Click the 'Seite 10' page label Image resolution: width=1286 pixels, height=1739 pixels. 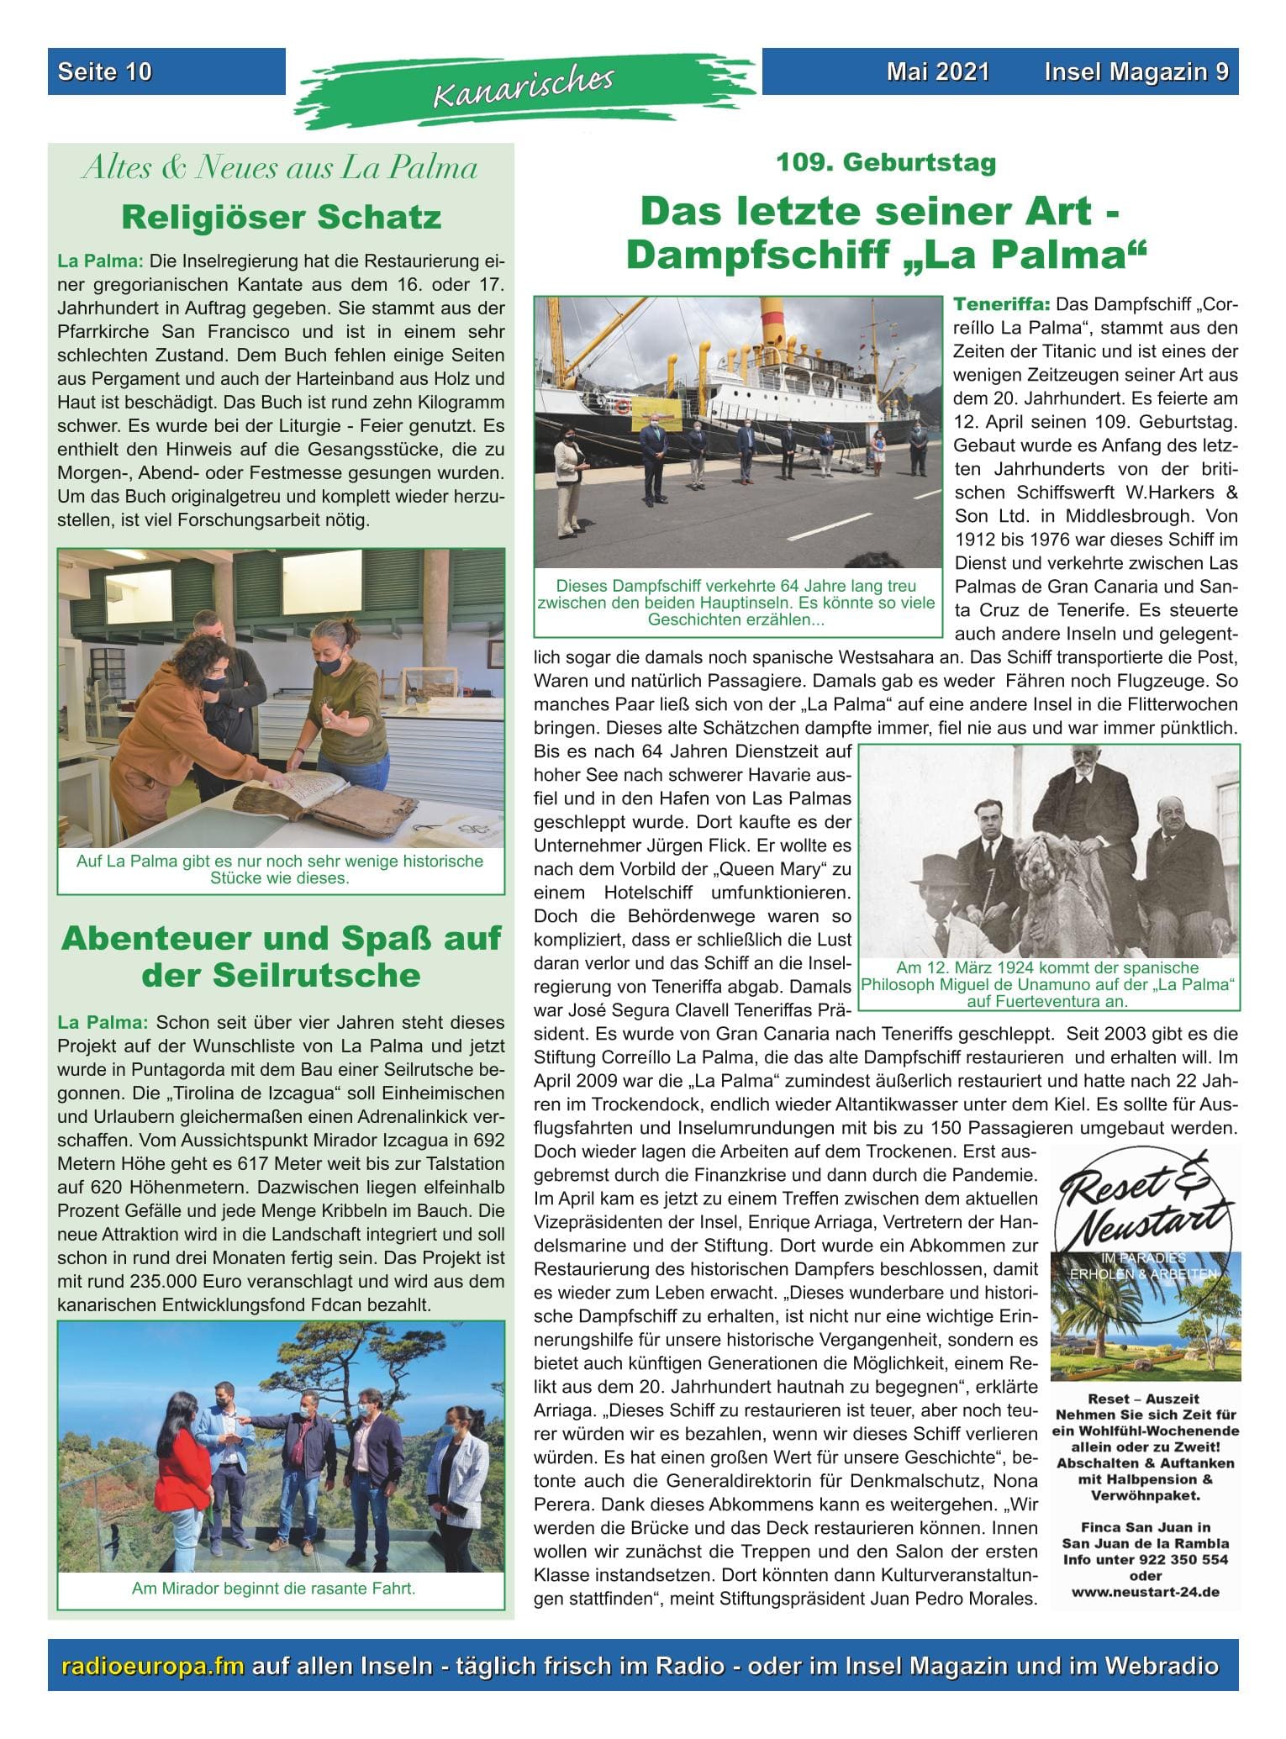(x=105, y=72)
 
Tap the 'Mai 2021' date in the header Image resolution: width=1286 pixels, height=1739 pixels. (x=937, y=72)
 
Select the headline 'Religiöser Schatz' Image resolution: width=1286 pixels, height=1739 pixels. (x=281, y=218)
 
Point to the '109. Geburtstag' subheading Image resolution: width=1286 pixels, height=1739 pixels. (x=886, y=162)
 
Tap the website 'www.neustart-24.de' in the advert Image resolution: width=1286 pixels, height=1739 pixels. (x=1145, y=1592)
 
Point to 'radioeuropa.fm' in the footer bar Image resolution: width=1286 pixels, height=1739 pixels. (x=154, y=1666)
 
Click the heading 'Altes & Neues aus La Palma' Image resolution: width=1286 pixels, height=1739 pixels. (x=281, y=169)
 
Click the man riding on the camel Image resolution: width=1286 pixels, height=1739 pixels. (x=1084, y=807)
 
